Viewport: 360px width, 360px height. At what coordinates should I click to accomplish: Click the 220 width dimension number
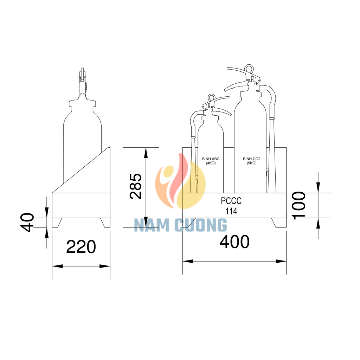81,247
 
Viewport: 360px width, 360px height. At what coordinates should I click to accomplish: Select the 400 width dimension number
234,242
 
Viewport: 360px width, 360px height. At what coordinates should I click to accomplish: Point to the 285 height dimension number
136,186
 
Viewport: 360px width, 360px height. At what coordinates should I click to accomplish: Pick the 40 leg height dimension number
27,223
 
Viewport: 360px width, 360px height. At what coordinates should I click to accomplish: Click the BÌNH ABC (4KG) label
211,161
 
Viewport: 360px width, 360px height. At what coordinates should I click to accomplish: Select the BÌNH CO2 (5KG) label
252,161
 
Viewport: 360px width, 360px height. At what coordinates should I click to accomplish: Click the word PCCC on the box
231,201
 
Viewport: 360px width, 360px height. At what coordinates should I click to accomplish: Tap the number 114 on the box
231,211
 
